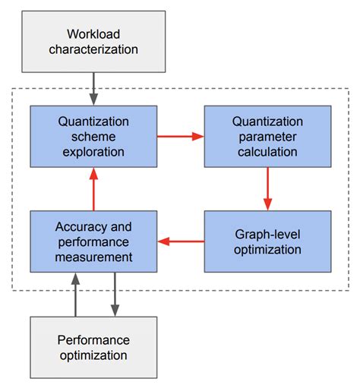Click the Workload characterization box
tap(93, 43)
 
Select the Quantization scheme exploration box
tap(93, 136)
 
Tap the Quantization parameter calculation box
tap(267, 136)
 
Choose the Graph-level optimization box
tap(267, 241)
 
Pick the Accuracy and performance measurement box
tap(93, 241)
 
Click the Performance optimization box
tap(93, 347)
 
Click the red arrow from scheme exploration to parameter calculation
tap(181, 136)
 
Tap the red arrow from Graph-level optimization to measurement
tap(181, 242)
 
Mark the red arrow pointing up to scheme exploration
tap(93, 189)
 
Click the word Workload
tap(93, 35)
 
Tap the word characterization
tap(93, 50)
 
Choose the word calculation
tap(267, 151)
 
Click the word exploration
tap(93, 151)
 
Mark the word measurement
tap(93, 257)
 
